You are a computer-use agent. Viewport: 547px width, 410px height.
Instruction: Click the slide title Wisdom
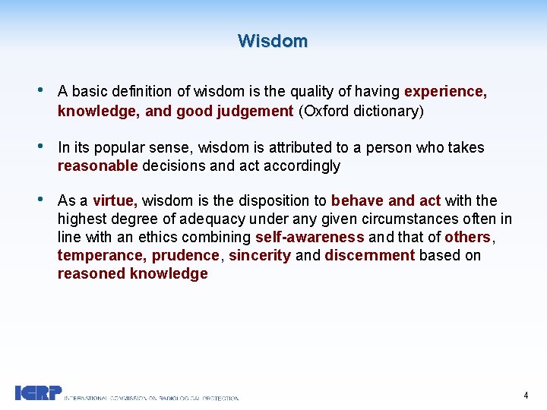[273, 41]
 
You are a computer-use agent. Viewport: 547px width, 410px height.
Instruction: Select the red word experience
[444, 92]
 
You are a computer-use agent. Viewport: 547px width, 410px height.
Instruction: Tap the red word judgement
[255, 111]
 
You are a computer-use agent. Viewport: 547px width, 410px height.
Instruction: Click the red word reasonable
[97, 166]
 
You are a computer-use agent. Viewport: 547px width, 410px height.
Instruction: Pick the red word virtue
[114, 201]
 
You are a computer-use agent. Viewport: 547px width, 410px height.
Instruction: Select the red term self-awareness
[309, 238]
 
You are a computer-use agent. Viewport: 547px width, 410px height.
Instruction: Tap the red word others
[466, 238]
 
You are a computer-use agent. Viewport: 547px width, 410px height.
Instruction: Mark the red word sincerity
[259, 256]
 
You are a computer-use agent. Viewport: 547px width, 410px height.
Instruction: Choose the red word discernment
[369, 256]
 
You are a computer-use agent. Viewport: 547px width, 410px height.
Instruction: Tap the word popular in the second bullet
[119, 147]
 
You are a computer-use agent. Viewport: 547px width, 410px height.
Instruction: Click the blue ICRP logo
[38, 393]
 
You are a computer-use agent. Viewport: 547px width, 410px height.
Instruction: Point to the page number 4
[526, 395]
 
